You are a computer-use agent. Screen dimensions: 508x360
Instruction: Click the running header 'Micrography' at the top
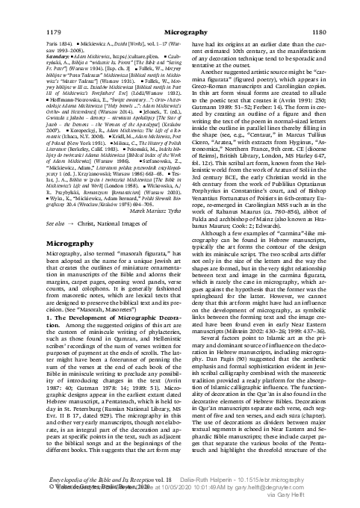(x=179, y=13)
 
